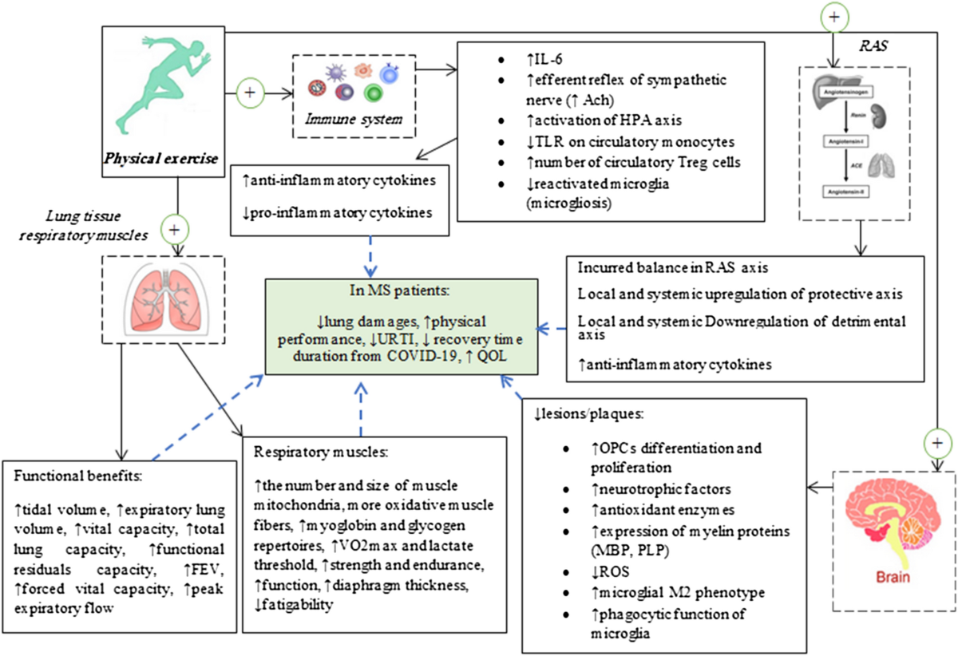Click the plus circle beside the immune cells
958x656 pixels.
point(250,92)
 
